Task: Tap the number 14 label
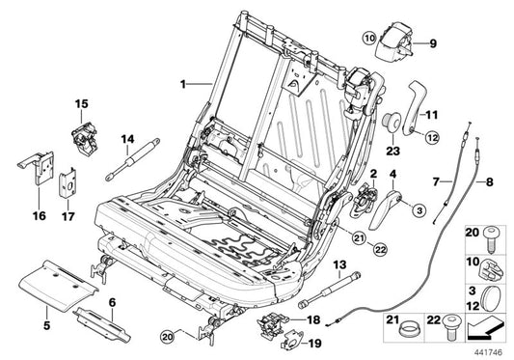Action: (x=127, y=139)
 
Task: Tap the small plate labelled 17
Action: (x=68, y=185)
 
